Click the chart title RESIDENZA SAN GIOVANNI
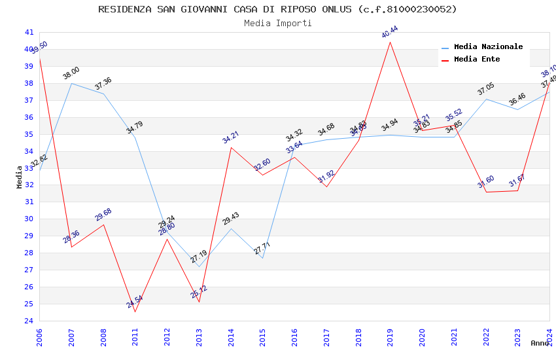277,9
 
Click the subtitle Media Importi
277,24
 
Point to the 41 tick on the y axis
29,32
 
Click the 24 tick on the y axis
29,321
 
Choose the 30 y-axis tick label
29,219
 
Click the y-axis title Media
20,177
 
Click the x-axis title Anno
540,343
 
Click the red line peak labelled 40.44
391,42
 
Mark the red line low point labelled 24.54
135,312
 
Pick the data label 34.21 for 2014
231,137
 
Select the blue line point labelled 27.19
199,266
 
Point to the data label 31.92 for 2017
326,176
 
